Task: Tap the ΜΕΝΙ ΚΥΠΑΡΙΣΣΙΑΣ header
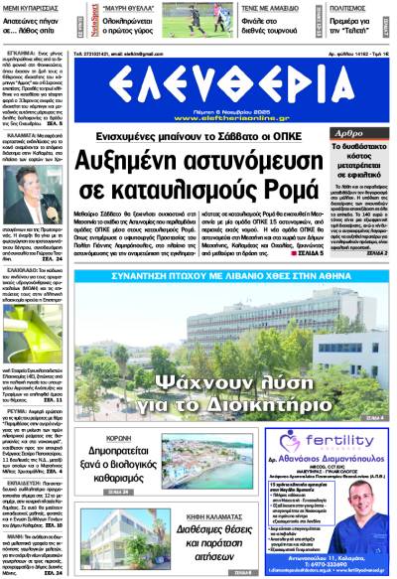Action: coord(32,7)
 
